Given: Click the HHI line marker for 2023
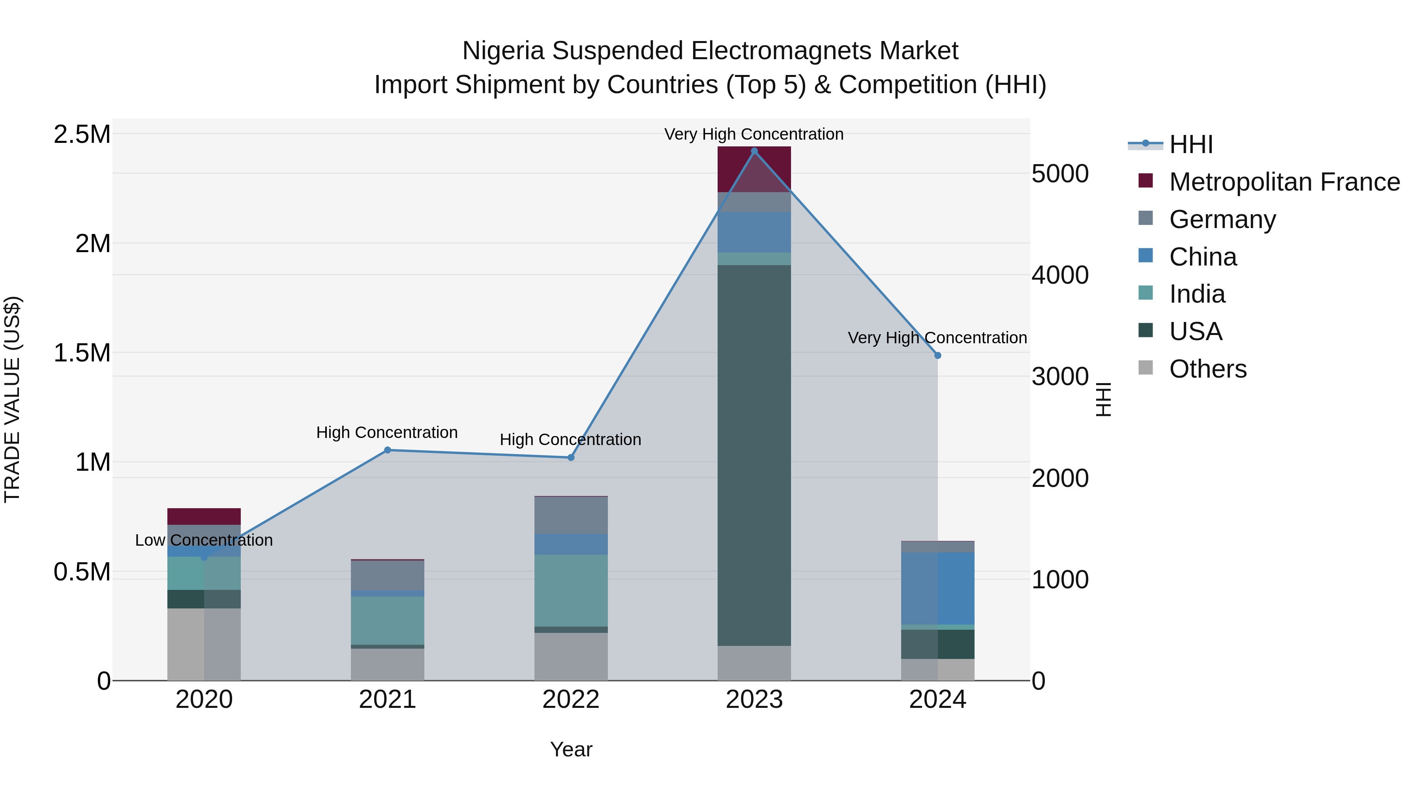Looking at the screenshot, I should click(754, 151).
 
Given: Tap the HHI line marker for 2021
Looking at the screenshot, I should click(387, 450).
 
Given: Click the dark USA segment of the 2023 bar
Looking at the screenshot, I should click(754, 455).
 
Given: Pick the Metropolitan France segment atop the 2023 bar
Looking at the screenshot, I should click(754, 169).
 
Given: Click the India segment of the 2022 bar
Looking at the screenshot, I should click(571, 590).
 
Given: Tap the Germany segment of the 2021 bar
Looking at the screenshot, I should click(387, 576).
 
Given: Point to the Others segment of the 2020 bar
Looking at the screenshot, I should click(204, 644).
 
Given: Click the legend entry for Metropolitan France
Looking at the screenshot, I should click(1284, 182).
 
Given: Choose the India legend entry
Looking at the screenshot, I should click(1197, 294).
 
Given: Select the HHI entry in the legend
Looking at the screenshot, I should click(1190, 144).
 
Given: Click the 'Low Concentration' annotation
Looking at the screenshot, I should click(204, 541).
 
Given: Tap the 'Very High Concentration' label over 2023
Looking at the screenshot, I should click(754, 134).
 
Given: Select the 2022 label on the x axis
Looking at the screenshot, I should click(571, 700).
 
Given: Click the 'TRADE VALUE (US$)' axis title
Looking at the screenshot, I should click(12, 399).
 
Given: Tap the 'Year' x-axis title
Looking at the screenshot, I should click(571, 749).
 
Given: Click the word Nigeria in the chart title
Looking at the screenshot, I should click(503, 51).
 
